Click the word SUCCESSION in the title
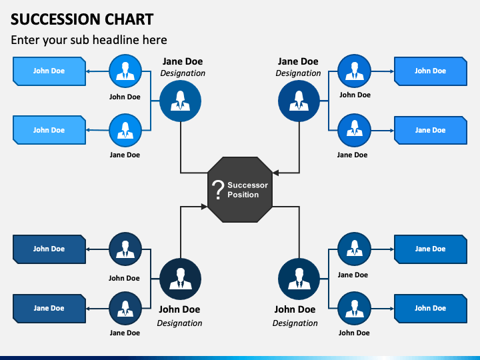[56, 19]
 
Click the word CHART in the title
[129, 19]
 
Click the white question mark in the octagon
[217, 190]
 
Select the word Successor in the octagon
[247, 185]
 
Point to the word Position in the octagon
[243, 195]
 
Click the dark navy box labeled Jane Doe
[49, 309]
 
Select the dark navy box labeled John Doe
[49, 249]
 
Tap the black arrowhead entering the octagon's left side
[204, 207]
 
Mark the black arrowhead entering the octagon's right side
[275, 173]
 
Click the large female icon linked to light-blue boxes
[180, 101]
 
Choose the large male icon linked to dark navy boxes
[180, 279]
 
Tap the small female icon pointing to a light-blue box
[125, 131]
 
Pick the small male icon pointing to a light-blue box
[125, 71]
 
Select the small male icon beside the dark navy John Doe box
[125, 249]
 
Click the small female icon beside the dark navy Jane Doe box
[125, 308]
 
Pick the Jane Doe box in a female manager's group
[431, 131]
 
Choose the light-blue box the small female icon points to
[49, 130]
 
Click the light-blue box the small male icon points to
[49, 71]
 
